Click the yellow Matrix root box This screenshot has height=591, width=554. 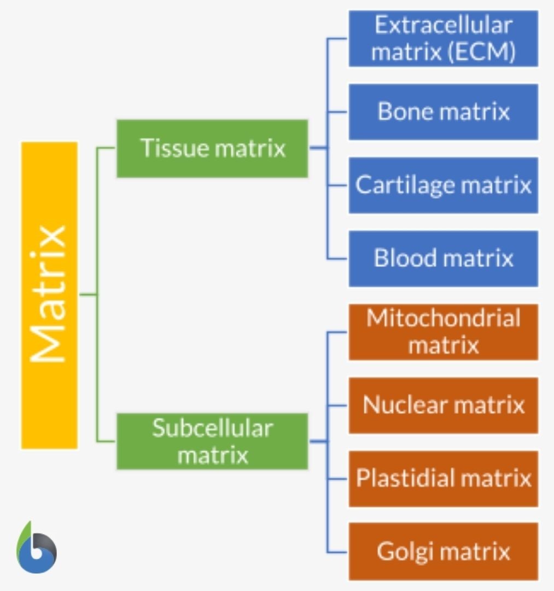(x=49, y=296)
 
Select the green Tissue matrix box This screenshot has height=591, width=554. (x=212, y=148)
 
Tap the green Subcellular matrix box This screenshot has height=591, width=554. (x=212, y=441)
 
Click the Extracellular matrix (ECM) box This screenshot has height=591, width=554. (x=443, y=39)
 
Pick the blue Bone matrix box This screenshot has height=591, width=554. (x=443, y=112)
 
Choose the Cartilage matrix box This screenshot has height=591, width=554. (x=443, y=185)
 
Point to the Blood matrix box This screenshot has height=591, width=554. (x=443, y=258)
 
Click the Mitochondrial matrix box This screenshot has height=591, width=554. (x=443, y=332)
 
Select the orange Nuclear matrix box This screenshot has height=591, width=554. (x=443, y=405)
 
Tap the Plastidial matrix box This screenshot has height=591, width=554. (x=443, y=478)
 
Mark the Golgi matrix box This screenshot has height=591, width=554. (x=443, y=551)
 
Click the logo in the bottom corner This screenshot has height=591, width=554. (x=36, y=548)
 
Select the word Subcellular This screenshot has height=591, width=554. (x=212, y=428)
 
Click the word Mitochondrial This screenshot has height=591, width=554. (x=443, y=318)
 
